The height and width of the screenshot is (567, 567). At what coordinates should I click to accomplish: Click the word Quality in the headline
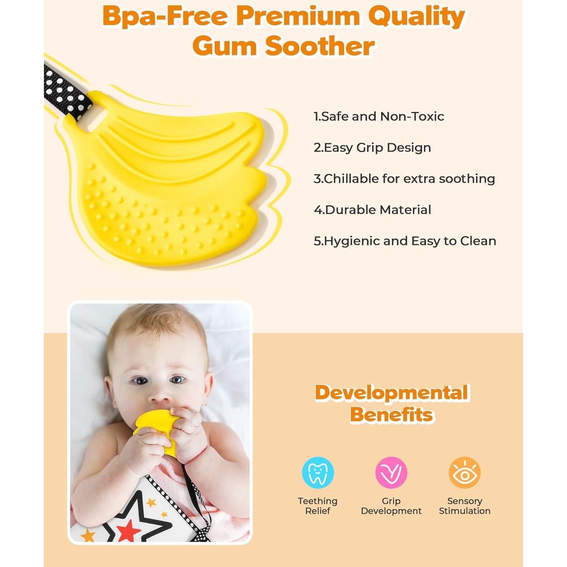tap(416, 17)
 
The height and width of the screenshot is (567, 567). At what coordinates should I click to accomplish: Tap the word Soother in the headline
tap(320, 46)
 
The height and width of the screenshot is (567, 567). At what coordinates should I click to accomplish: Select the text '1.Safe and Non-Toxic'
tap(379, 117)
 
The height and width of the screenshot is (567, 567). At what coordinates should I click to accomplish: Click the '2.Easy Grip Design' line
tap(372, 148)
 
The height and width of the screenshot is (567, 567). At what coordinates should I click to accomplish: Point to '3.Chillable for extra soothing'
tap(404, 179)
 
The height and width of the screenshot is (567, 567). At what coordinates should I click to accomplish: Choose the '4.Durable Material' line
tap(372, 210)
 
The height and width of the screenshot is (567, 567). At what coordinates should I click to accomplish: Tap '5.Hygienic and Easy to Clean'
tap(405, 241)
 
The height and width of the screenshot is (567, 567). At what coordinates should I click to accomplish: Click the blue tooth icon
tap(318, 472)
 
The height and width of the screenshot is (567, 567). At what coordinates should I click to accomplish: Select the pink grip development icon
tap(391, 472)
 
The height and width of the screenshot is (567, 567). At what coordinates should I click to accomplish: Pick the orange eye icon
tap(465, 472)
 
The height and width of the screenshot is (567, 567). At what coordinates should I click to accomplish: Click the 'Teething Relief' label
tap(318, 506)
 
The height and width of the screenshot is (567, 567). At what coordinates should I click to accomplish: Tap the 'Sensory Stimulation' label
tap(465, 506)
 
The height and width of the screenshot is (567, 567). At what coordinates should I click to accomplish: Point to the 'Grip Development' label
tap(391, 506)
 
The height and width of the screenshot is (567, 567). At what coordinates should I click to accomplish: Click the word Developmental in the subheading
tap(391, 393)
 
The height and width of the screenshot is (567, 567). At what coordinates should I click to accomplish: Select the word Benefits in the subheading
tap(392, 415)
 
